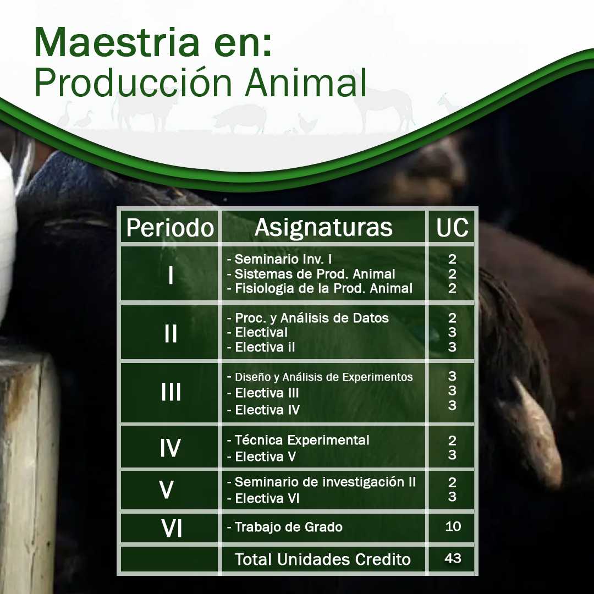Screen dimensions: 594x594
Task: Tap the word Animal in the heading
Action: click(x=306, y=82)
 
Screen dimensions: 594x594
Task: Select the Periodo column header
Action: click(x=170, y=228)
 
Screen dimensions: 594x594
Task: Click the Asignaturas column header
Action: click(x=323, y=227)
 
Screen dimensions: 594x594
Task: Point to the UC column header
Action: click(x=452, y=228)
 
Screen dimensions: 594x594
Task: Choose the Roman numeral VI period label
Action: click(x=172, y=528)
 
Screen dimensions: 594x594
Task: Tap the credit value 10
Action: click(x=453, y=526)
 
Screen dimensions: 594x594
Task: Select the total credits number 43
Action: click(x=453, y=558)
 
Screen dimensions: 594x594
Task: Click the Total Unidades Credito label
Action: click(x=323, y=559)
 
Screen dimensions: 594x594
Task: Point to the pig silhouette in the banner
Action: click(x=239, y=118)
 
